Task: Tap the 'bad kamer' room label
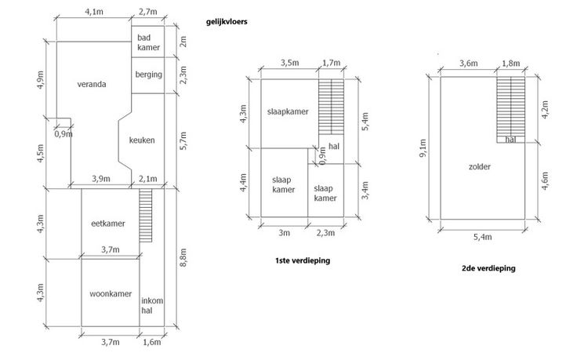coord(148,42)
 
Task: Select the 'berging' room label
coord(148,75)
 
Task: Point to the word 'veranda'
coord(92,84)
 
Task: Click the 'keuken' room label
coord(142,140)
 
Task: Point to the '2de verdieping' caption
coord(488,268)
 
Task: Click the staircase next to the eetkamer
coord(144,218)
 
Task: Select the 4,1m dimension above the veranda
coord(93,12)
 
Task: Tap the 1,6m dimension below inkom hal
coord(151,341)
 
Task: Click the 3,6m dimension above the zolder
coord(468,63)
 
